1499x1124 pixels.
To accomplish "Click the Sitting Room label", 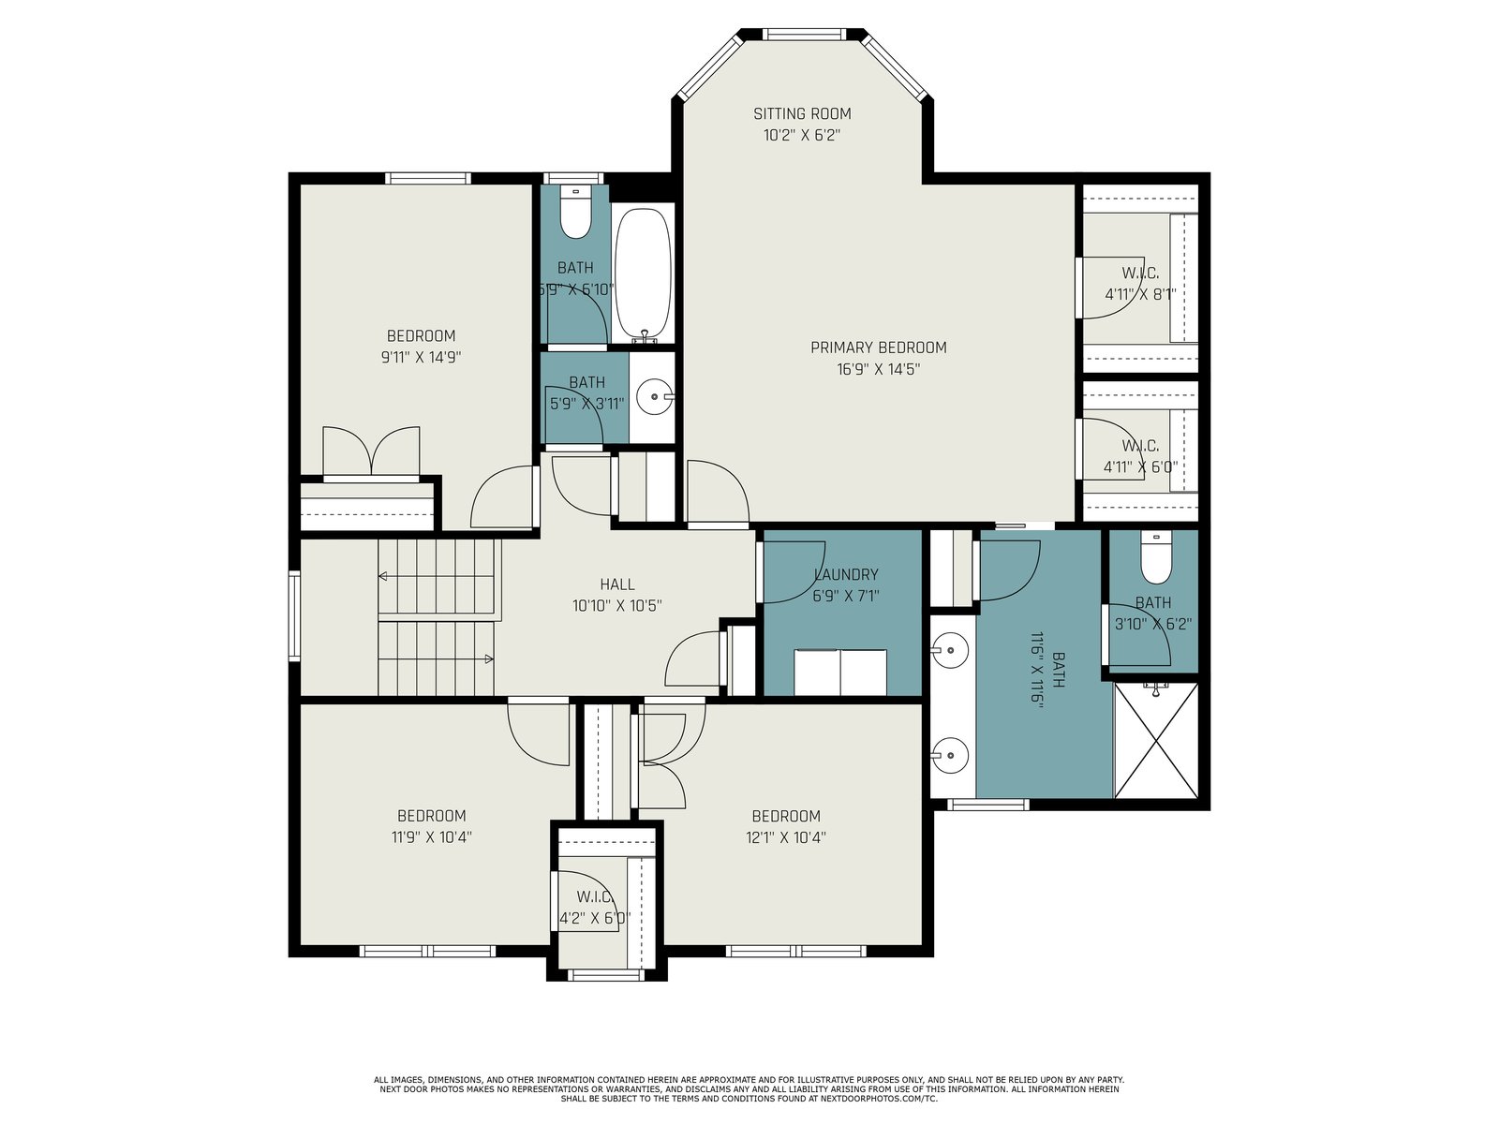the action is [802, 113].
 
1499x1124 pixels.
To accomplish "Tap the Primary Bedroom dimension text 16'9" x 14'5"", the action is [878, 369].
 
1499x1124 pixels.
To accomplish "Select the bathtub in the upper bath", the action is [643, 274].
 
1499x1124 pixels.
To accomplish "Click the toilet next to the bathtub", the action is [575, 213].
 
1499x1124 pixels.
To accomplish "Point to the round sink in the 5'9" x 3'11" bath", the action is [655, 396].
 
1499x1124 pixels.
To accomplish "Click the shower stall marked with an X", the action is [1155, 740].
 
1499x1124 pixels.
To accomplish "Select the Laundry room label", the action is [845, 574].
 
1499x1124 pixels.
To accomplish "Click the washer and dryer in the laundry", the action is [840, 672].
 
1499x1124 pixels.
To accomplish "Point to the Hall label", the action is [617, 584].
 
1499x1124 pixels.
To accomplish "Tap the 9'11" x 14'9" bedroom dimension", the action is [422, 357].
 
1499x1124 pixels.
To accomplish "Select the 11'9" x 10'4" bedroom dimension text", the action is [431, 836].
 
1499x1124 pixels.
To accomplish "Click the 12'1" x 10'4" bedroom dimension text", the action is [786, 836].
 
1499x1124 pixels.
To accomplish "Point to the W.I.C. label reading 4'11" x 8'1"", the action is [1140, 284].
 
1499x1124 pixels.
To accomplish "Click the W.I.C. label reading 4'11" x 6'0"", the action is [1140, 456].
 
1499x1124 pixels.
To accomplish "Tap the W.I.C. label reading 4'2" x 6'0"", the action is [593, 907].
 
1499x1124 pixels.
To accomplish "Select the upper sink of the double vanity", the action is [949, 649].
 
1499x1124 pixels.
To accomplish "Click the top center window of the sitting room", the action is [803, 34].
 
